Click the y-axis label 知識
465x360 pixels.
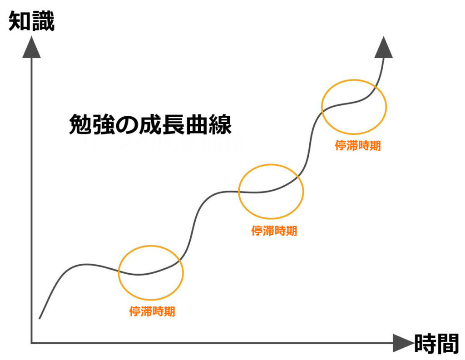[31, 21]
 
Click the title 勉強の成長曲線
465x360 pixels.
[150, 124]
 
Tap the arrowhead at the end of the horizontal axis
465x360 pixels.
[403, 343]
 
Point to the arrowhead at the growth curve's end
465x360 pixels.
[384, 48]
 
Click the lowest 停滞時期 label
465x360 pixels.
[152, 311]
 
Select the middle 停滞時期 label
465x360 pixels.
[274, 231]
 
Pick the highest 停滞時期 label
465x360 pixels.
[358, 146]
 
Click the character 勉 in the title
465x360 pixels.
[80, 124]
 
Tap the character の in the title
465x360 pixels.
[127, 125]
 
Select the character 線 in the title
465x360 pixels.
[220, 124]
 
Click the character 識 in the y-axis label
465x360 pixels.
[43, 21]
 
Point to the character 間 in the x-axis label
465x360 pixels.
[448, 344]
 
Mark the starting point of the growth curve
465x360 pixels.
[40, 319]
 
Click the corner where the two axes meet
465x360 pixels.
[31, 343]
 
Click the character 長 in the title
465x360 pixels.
[173, 124]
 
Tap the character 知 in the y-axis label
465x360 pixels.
[20, 21]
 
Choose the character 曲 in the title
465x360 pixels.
[197, 124]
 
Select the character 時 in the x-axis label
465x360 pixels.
[425, 344]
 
